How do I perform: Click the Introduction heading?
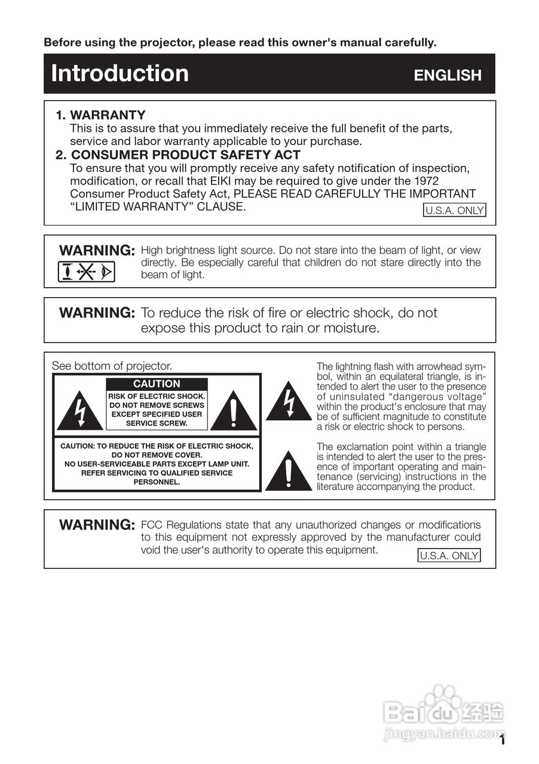click(x=120, y=73)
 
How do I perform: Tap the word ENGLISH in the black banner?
click(x=448, y=75)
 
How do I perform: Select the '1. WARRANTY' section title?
click(x=101, y=115)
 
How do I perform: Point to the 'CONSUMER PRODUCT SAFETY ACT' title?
click(x=185, y=155)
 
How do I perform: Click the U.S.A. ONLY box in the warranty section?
click(x=454, y=210)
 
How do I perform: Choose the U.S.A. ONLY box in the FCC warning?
click(x=449, y=556)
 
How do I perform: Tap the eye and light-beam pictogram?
click(x=87, y=272)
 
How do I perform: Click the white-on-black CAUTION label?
click(x=157, y=384)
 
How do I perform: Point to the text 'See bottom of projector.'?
click(x=112, y=365)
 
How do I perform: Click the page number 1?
click(x=503, y=741)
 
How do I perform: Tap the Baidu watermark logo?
click(x=445, y=710)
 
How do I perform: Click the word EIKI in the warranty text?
click(x=330, y=181)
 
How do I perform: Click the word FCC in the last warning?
click(x=151, y=525)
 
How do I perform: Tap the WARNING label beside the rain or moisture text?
click(x=97, y=313)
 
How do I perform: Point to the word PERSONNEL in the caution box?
click(x=157, y=482)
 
